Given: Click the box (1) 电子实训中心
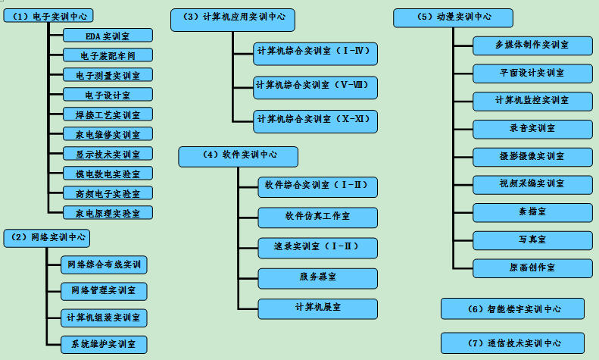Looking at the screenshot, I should coord(52,16).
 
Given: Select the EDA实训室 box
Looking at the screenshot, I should coord(108,35).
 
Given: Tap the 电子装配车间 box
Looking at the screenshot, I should coord(108,55).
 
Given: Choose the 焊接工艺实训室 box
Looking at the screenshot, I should coord(108,114).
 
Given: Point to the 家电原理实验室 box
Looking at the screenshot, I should coord(108,213).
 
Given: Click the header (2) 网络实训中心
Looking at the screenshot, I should coord(47,237).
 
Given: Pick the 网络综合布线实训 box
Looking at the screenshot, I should coord(104,265).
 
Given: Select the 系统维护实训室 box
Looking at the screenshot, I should coord(104,344).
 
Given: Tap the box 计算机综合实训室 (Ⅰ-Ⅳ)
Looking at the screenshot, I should coord(316,52).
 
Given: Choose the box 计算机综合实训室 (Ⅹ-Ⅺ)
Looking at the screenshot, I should coord(316,120).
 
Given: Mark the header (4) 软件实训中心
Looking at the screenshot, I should coord(239,155).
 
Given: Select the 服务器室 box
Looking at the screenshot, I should coord(317,277).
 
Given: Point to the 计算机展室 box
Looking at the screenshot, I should coord(317,308).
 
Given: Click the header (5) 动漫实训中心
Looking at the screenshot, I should coord(453,17).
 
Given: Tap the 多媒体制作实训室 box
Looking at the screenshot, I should coord(532,45).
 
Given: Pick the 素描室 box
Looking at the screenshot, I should coord(532,212).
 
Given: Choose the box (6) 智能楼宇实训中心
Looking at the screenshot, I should coord(513,308).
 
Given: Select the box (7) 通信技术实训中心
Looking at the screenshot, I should coord(513,343).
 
